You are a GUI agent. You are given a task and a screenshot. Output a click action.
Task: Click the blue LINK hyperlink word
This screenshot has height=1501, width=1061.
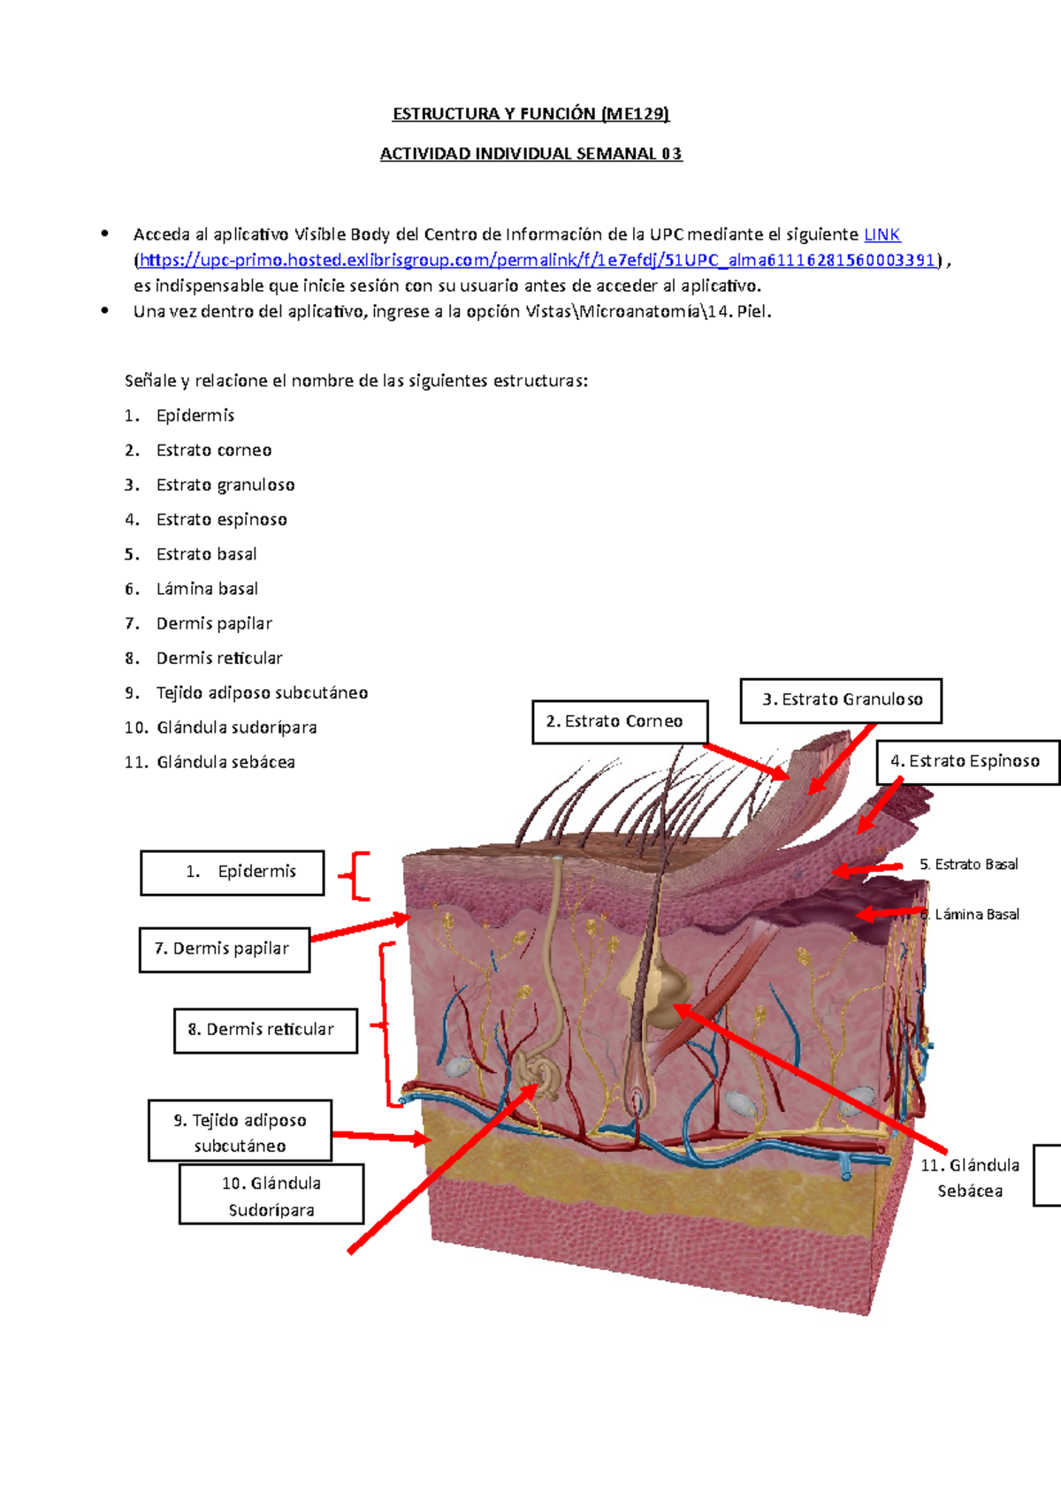[882, 234]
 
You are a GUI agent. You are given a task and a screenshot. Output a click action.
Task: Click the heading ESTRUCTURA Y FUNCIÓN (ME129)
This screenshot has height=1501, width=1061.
[530, 114]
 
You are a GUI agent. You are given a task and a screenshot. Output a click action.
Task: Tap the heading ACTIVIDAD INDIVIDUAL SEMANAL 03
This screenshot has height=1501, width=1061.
[530, 154]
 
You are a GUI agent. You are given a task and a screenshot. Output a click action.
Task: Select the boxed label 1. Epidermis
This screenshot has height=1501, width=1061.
[232, 872]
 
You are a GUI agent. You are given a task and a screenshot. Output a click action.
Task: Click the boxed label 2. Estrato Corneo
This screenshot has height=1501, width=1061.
[620, 721]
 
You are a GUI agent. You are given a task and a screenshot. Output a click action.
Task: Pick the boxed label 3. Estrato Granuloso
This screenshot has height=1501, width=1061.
[841, 700]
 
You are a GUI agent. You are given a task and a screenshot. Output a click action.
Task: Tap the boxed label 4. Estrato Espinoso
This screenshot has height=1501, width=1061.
[968, 761]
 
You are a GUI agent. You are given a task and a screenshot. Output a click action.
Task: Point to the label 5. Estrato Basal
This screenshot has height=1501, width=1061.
[968, 865]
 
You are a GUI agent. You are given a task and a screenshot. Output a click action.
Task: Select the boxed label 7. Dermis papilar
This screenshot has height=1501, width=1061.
[225, 949]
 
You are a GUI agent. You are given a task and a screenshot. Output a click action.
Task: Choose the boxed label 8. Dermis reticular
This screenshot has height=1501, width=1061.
[265, 1031]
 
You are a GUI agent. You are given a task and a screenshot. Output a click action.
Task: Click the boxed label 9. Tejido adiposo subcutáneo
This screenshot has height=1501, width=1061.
[240, 1132]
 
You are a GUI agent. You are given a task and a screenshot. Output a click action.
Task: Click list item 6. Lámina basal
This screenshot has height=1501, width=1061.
[191, 589]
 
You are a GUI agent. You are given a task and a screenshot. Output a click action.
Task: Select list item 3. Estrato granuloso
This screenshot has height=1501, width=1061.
[210, 485]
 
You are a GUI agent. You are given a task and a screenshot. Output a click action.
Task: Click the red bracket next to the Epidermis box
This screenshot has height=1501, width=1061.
[355, 875]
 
